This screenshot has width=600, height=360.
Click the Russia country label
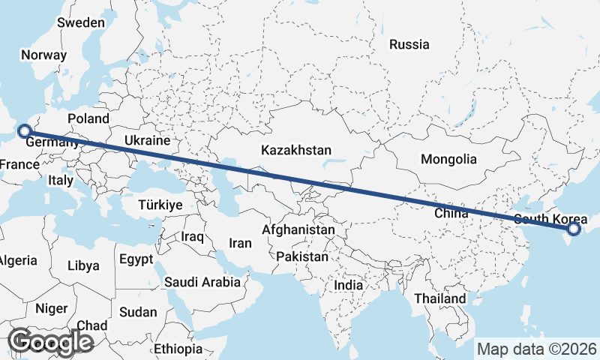tap(409, 44)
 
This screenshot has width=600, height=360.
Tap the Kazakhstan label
tap(296, 151)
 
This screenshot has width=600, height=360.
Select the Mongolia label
tap(448, 159)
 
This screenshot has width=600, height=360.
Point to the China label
tap(451, 214)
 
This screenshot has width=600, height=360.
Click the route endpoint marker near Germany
tap(24, 130)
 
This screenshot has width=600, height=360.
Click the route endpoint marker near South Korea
tap(574, 229)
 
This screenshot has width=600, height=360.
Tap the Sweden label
tap(81, 22)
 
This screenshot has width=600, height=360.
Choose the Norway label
tap(44, 55)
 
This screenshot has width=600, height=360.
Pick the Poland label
tap(88, 118)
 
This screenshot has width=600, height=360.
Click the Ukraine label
tap(147, 140)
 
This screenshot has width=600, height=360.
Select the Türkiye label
tap(160, 205)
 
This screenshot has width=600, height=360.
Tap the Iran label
tap(240, 243)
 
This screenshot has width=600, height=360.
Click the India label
tap(348, 285)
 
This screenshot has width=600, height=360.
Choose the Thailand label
tap(440, 298)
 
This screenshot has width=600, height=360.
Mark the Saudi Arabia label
tap(202, 282)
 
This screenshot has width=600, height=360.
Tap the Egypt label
tap(136, 259)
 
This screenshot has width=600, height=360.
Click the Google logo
tap(50, 342)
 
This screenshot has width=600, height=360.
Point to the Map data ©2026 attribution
tap(537, 349)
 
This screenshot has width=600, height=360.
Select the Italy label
tap(61, 180)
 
